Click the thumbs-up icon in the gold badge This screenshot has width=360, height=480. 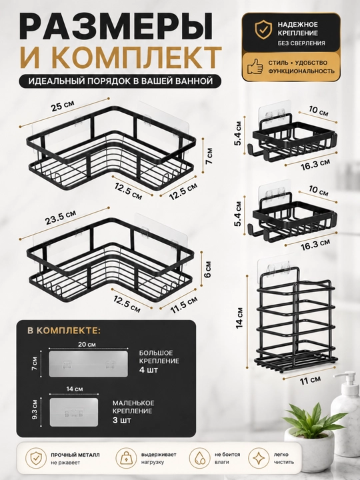(255, 66)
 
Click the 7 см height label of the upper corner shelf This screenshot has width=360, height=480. (209, 156)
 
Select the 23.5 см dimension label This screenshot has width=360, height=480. (61, 217)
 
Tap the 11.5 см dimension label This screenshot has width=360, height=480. (184, 305)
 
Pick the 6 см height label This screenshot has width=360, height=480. (207, 269)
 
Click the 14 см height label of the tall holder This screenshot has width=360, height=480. (239, 319)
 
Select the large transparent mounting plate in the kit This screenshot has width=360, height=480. (88, 364)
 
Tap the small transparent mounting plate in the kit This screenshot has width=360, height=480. (74, 412)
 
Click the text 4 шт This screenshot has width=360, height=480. (149, 370)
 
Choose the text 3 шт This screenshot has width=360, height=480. (121, 420)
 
